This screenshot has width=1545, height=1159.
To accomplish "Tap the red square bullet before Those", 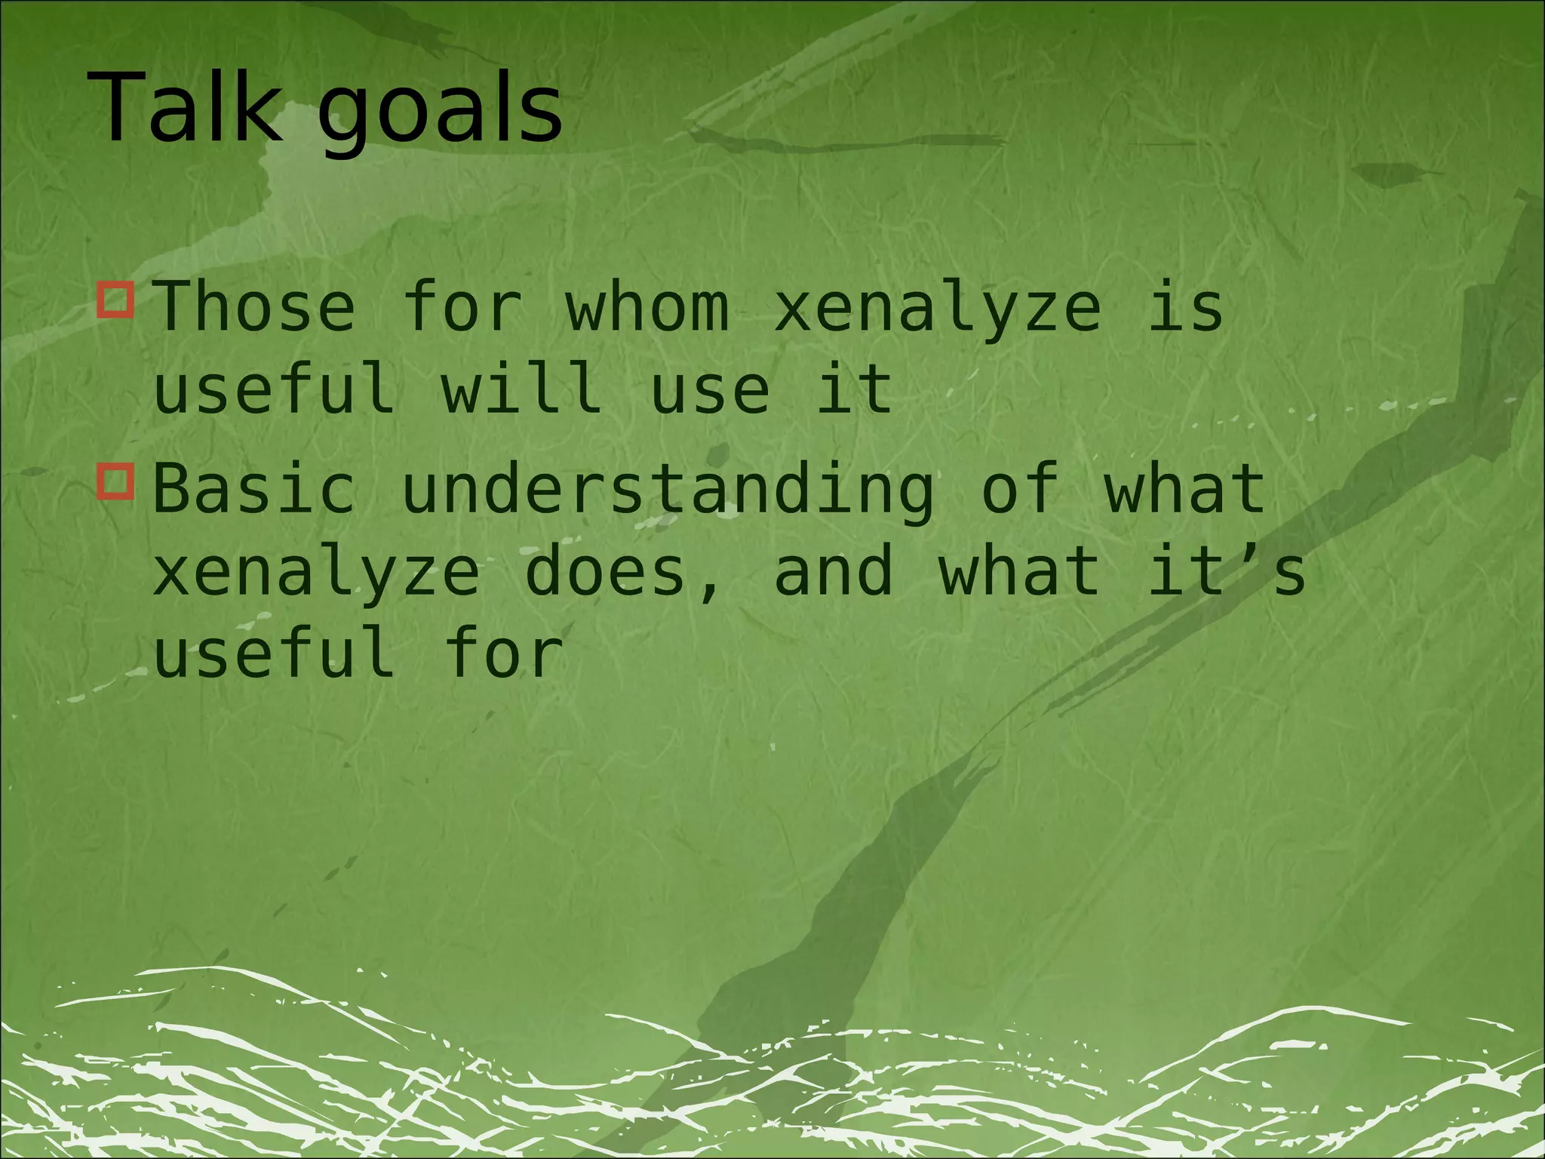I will pyautogui.click(x=115, y=300).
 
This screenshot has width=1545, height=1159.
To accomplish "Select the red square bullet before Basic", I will pyautogui.click(x=115, y=481).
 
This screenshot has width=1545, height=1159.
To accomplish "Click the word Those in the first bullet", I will pyautogui.click(x=254, y=306).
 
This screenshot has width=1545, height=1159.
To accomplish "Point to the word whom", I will pyautogui.click(x=647, y=306).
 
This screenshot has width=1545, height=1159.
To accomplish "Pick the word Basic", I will pyautogui.click(x=254, y=489).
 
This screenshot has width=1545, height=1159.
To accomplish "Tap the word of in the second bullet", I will pyautogui.click(x=1018, y=489).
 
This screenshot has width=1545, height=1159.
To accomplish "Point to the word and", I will pyautogui.click(x=834, y=571).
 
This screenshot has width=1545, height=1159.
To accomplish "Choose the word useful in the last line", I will pyautogui.click(x=275, y=653).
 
